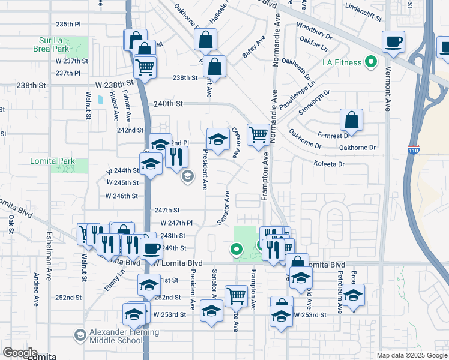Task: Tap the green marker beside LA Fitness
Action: [x=371, y=62]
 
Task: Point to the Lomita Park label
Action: [x=53, y=161]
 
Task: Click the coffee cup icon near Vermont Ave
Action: [x=393, y=41]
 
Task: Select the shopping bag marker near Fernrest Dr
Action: [x=351, y=119]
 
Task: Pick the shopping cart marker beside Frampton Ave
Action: [x=258, y=134]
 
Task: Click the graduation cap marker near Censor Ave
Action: [x=217, y=139]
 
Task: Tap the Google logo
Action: [x=19, y=353]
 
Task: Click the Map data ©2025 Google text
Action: [x=411, y=355]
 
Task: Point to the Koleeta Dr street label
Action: [x=329, y=163]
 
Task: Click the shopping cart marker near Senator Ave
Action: [x=236, y=295]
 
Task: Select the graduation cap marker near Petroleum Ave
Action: [x=354, y=295]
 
